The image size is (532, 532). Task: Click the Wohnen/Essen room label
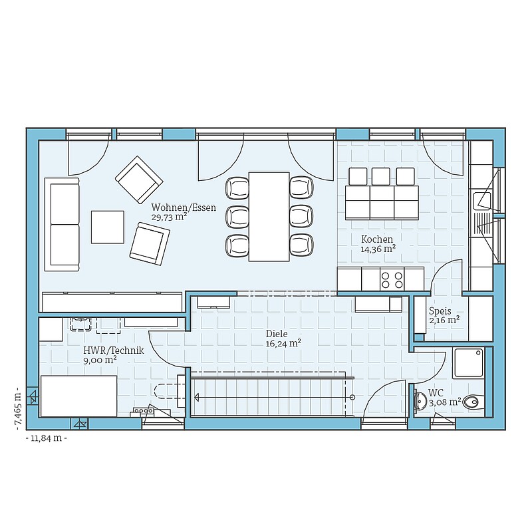(x=184, y=207)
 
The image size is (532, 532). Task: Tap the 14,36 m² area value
(x=378, y=249)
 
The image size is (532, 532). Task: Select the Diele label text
(x=277, y=334)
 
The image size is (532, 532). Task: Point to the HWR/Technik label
(x=114, y=350)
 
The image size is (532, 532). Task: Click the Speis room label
(x=440, y=311)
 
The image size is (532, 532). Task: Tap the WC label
(x=436, y=393)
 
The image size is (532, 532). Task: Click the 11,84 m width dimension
(x=46, y=438)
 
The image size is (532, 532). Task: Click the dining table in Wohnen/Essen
(x=269, y=217)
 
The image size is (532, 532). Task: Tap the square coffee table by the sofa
(x=108, y=227)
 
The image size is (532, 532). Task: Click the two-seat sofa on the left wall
(x=62, y=224)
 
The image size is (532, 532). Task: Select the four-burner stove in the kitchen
(x=392, y=279)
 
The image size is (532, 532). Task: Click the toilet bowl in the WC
(x=472, y=403)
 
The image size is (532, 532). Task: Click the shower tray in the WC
(x=468, y=363)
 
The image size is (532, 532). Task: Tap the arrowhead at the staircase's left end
(x=196, y=397)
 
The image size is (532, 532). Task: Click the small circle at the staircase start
(x=352, y=397)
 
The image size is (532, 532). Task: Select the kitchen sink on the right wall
(x=481, y=200)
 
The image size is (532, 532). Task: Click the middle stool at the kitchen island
(x=380, y=176)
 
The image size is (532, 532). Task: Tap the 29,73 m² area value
(x=170, y=217)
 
